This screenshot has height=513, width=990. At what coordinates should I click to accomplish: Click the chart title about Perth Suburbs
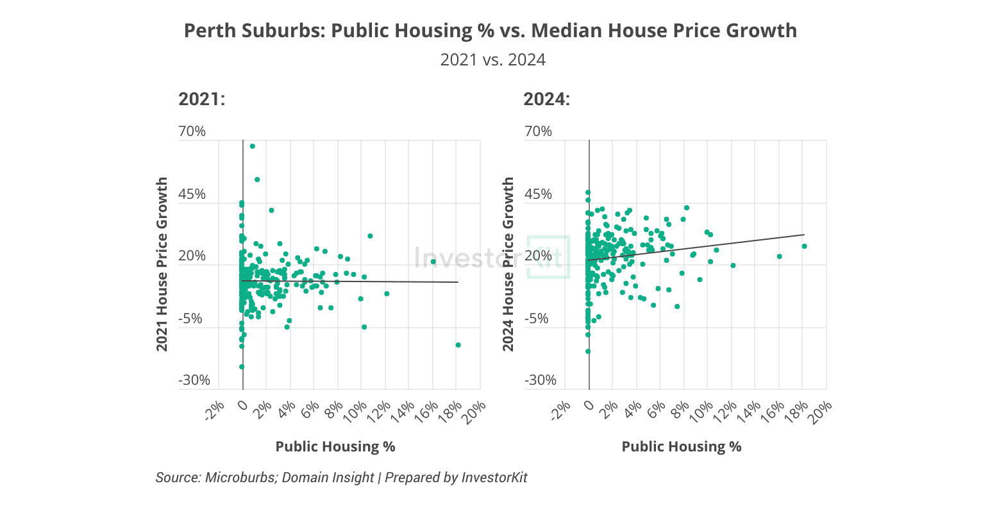(x=491, y=31)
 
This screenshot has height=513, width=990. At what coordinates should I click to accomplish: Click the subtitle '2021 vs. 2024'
(x=492, y=60)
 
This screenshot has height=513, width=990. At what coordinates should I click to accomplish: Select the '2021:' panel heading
(x=201, y=99)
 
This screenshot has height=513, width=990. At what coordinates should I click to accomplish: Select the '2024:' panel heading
(x=546, y=99)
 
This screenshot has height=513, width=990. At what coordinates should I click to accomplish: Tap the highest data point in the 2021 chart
(x=253, y=146)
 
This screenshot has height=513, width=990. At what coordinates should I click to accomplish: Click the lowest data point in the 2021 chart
(x=242, y=367)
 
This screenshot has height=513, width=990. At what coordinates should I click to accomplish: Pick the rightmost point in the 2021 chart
(x=458, y=345)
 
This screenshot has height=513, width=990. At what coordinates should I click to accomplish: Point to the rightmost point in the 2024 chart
(x=804, y=246)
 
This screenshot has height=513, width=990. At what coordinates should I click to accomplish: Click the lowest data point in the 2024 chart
(x=588, y=351)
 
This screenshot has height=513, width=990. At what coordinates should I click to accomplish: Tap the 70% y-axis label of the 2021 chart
(x=192, y=131)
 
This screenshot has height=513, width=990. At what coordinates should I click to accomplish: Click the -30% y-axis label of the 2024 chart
(x=540, y=380)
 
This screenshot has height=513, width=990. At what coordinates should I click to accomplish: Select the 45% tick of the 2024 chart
(x=538, y=194)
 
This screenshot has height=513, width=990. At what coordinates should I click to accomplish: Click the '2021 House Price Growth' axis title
(x=163, y=264)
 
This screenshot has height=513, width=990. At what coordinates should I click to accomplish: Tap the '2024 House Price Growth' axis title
(x=508, y=264)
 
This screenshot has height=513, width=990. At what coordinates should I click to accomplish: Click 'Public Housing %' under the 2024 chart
(x=682, y=447)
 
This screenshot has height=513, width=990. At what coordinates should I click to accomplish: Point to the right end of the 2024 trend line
(x=803, y=235)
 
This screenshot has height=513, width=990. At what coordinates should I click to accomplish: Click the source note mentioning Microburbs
(x=341, y=478)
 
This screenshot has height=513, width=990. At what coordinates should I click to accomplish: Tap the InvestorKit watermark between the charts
(x=491, y=258)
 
